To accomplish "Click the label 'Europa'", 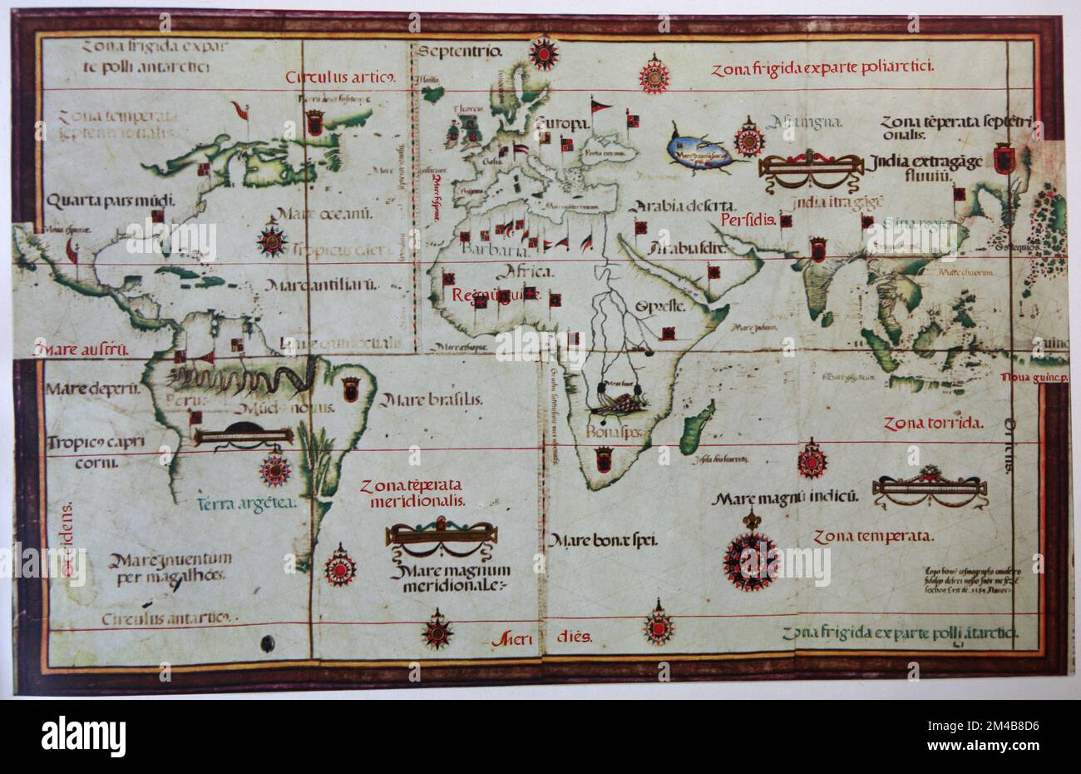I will coord(562,123).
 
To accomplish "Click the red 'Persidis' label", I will coord(748,221).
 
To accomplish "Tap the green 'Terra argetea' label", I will coord(242,503).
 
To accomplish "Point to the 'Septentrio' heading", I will coord(460,52).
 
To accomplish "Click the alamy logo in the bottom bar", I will coord(83,736).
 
